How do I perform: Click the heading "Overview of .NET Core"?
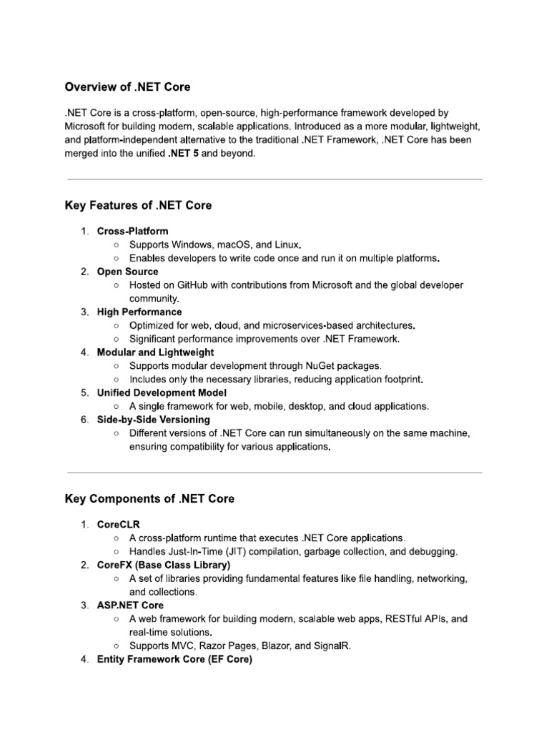[128, 87]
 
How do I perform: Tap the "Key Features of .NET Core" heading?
[138, 205]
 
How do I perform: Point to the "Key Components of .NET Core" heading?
[149, 498]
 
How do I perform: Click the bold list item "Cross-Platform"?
[133, 232]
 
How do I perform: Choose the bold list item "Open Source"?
[128, 272]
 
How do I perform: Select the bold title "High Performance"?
[139, 312]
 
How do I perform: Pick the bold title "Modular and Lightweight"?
[155, 352]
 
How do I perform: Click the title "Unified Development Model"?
[162, 392]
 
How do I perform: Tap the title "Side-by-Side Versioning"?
[154, 420]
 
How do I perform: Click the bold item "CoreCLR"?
[119, 525]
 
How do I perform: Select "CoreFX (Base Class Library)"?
[164, 565]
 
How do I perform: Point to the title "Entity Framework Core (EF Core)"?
[174, 659]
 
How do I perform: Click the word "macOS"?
[236, 245]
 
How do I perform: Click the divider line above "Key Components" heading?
[274, 472]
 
